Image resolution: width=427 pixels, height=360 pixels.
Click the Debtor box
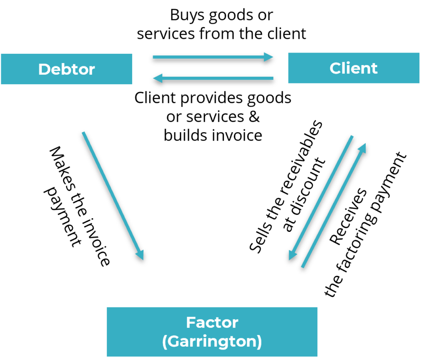point(67,69)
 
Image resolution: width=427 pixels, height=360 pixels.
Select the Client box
point(354,68)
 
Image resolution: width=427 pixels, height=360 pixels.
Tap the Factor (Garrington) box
point(212,332)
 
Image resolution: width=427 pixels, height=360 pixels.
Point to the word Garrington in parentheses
point(212,342)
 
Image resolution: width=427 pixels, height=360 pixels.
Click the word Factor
point(212,322)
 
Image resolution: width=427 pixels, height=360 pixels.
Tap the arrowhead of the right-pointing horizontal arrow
point(269,57)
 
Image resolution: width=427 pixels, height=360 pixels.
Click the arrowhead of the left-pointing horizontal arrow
point(158,78)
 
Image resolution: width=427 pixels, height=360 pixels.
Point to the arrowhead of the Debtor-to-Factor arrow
point(140,254)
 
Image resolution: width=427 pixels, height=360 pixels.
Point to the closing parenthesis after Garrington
point(259,342)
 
